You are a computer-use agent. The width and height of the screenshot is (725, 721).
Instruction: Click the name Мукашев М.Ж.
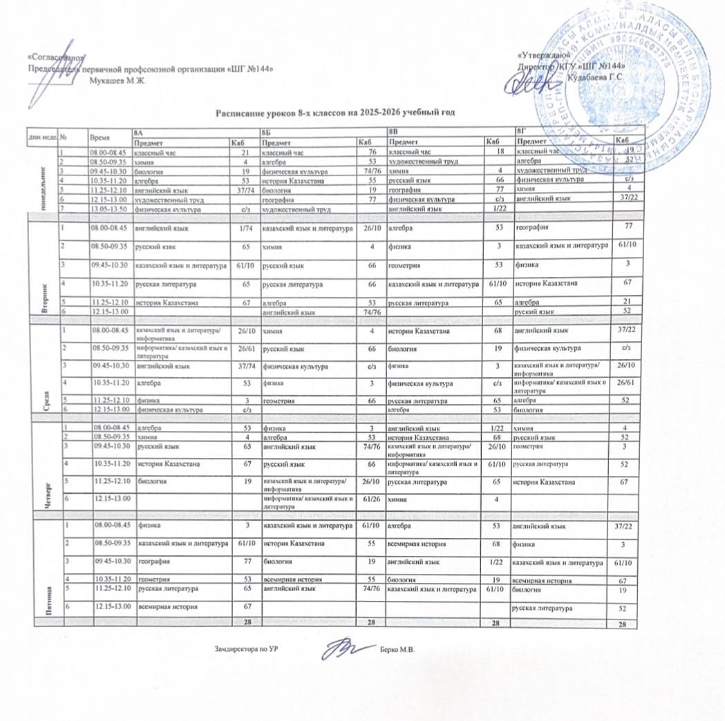pyautogui.click(x=118, y=80)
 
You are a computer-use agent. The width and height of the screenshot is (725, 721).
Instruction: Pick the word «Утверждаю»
pyautogui.click(x=543, y=55)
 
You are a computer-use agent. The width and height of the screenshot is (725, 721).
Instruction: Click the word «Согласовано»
pyautogui.click(x=56, y=57)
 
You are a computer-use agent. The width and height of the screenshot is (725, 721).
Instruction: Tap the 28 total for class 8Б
pyautogui.click(x=370, y=624)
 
